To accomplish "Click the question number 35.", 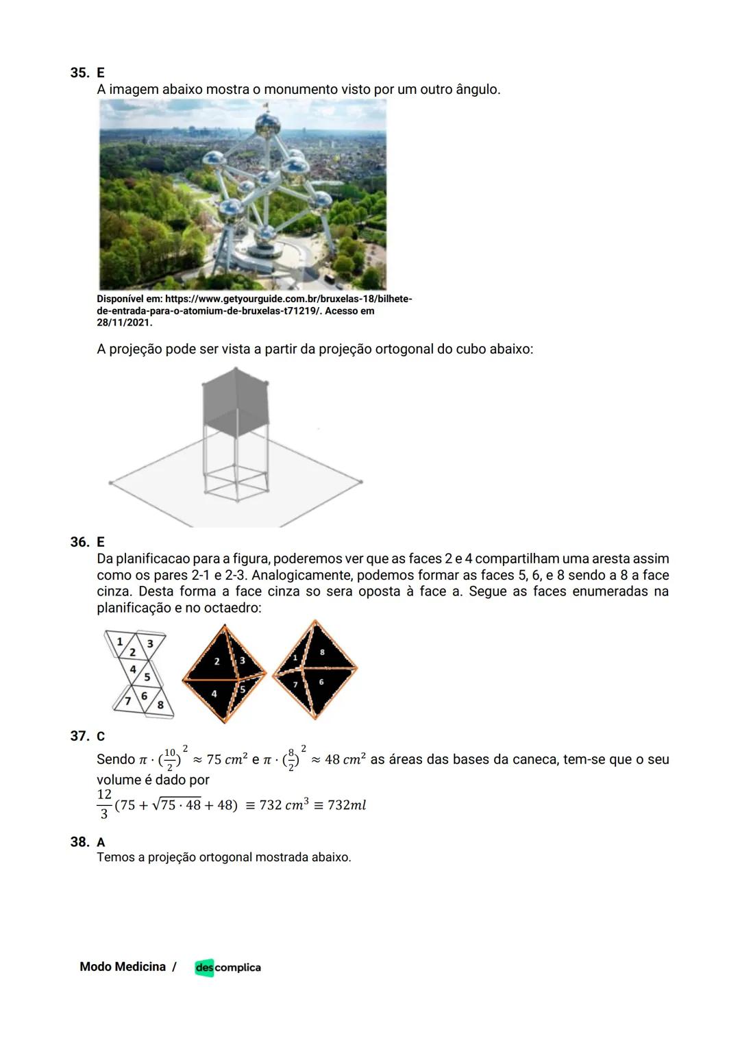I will (x=79, y=73).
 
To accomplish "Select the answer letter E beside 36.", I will (x=101, y=542).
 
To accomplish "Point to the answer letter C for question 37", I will (x=101, y=737).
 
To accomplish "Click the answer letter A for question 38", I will (x=101, y=842).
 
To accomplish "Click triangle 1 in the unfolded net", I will (x=119, y=641).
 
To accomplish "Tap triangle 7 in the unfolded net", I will (x=127, y=701).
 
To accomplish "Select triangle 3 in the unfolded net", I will (x=150, y=643).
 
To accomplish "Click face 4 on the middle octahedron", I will (x=213, y=693).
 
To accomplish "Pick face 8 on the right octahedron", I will (x=322, y=652).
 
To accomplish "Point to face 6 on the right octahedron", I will (x=321, y=683).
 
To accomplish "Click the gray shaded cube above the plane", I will (x=236, y=399).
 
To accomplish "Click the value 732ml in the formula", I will (x=347, y=805).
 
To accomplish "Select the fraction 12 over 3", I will (x=104, y=804).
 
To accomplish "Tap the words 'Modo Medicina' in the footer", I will (x=123, y=967).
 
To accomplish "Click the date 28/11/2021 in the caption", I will (x=124, y=322).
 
